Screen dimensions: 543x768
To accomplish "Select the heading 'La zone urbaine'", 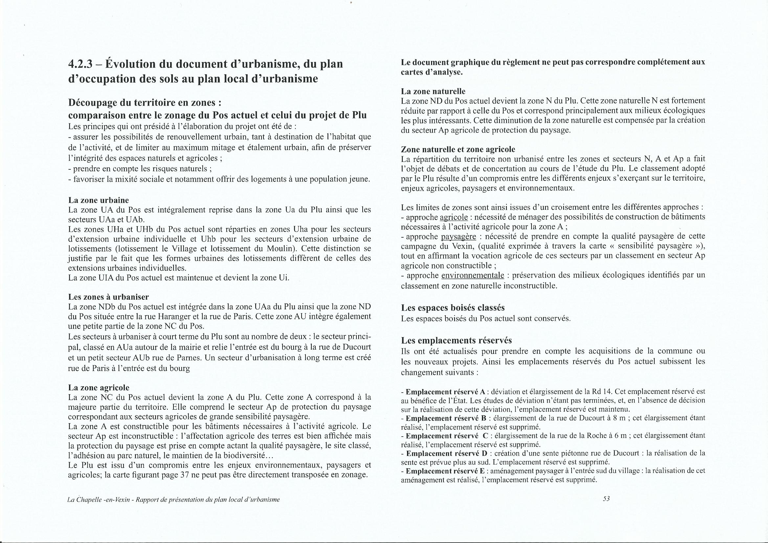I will tap(98, 200).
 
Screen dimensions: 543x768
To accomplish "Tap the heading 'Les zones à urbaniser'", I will tap(108, 297).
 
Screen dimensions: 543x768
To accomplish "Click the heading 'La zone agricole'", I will tap(98, 387).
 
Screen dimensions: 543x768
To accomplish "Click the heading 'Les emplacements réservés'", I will tap(456, 340).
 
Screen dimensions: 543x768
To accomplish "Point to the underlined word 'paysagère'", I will tap(459, 237).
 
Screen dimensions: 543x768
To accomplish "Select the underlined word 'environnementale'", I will tap(473, 275).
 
